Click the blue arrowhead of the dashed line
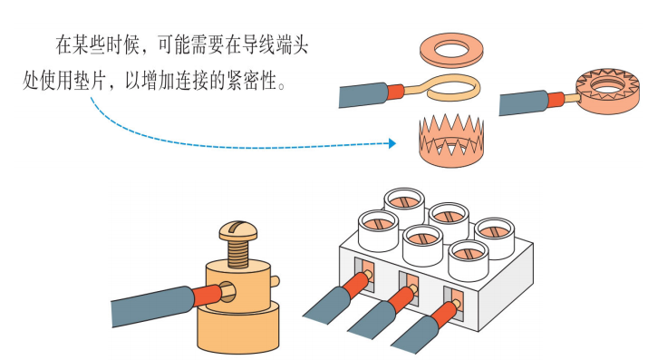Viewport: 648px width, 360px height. coord(392,143)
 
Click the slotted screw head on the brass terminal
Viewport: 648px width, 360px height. coord(238,231)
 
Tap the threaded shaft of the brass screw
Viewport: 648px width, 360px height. coord(238,252)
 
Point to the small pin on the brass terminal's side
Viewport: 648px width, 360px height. coord(275,281)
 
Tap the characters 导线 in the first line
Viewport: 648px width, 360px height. coord(258,44)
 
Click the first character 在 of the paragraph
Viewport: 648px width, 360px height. coord(64,45)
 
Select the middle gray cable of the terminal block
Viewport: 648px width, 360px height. coord(371,321)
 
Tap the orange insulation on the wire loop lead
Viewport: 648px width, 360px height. coord(395,92)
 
